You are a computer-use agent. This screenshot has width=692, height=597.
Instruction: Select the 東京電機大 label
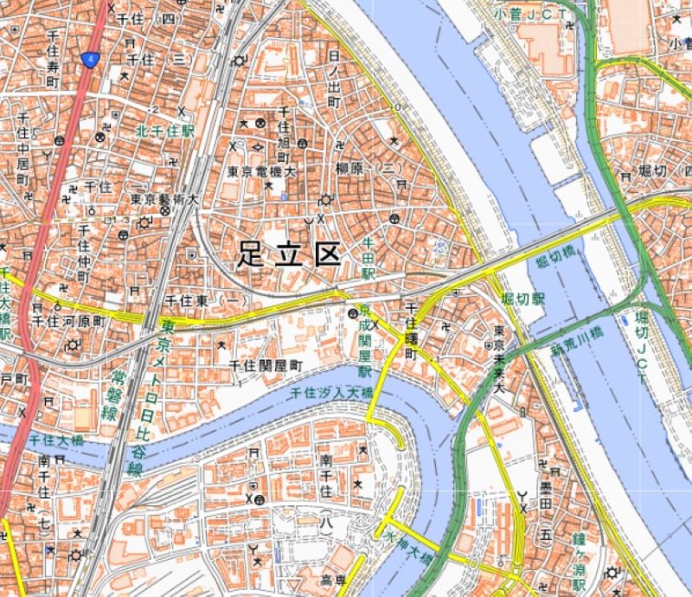tap(262, 172)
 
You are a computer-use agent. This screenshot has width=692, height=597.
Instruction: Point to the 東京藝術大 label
tap(164, 198)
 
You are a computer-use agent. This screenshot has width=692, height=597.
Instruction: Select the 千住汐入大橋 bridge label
tap(331, 392)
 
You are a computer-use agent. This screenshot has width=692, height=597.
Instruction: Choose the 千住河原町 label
tap(68, 319)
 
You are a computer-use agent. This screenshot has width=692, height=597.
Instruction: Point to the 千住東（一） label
tap(206, 299)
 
